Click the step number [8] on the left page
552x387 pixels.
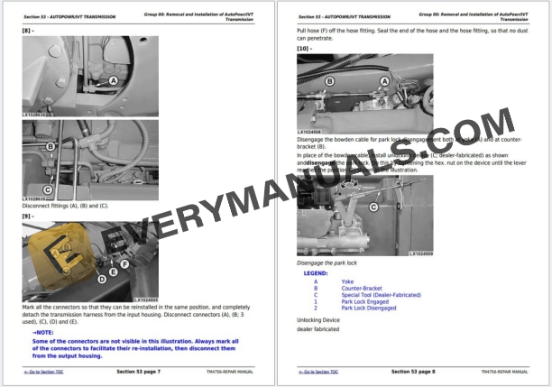[x=28, y=32]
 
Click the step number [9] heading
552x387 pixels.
[x=28, y=215]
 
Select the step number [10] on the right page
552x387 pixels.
[x=304, y=48]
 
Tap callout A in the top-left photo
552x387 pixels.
[x=114, y=80]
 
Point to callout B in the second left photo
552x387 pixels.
[x=51, y=146]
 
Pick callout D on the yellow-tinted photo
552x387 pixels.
[x=102, y=279]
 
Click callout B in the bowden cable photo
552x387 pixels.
[x=330, y=81]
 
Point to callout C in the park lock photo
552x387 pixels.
[x=373, y=207]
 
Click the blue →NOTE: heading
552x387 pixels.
[x=42, y=332]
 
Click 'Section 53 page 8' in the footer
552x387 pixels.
[x=413, y=371]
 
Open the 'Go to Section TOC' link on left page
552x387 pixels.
[x=42, y=372]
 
